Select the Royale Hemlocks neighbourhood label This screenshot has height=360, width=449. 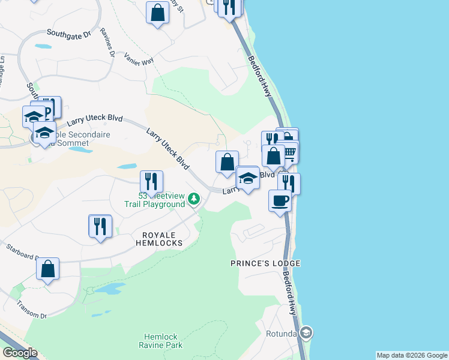pyautogui.click(x=153, y=239)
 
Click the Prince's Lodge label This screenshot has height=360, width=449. pyautogui.click(x=265, y=263)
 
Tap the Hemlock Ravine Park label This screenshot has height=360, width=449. pyautogui.click(x=163, y=341)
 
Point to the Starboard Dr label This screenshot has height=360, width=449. pyautogui.click(x=22, y=251)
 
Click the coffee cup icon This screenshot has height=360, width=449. pyautogui.click(x=280, y=200)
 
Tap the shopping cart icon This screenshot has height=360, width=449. pyautogui.click(x=288, y=153)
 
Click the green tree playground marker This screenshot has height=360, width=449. pyautogui.click(x=193, y=198)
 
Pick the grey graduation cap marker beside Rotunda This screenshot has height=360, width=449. pyautogui.click(x=306, y=332)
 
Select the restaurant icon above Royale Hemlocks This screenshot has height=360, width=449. pyautogui.click(x=100, y=226)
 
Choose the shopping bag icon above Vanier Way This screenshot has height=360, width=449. pyautogui.click(x=157, y=13)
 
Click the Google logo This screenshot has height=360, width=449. pyautogui.click(x=20, y=353)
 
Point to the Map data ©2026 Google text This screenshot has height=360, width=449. pyautogui.click(x=412, y=355)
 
